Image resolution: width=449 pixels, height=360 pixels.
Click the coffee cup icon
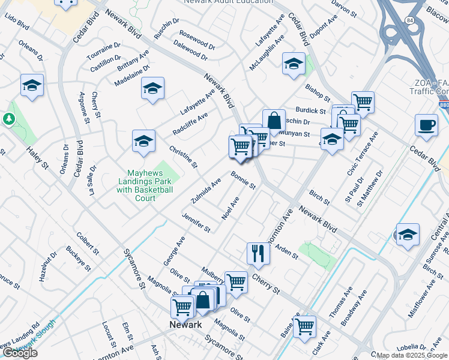click(426, 125)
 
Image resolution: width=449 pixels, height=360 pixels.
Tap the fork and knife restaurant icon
click(259, 253)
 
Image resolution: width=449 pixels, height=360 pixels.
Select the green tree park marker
click(9, 119)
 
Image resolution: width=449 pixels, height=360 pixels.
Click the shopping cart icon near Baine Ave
click(305, 326)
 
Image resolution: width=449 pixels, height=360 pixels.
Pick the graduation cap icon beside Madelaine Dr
click(152, 89)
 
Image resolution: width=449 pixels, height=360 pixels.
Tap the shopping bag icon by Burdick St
click(274, 119)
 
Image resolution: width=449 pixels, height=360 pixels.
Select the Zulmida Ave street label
click(206, 190)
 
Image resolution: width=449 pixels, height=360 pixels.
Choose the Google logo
click(20, 353)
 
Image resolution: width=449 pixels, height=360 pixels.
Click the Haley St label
click(36, 158)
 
